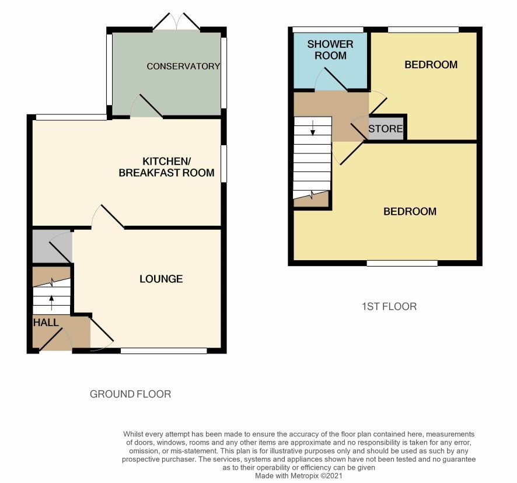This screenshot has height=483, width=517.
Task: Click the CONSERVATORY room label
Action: coord(183,66)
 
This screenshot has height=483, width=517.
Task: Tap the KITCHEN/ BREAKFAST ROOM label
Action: coord(166,167)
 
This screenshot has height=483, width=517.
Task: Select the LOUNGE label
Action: coord(161,279)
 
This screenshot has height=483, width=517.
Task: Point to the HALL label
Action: coord(46,323)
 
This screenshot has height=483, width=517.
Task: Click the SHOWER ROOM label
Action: coord(330,50)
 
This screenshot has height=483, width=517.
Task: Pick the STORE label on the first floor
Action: coord(386,128)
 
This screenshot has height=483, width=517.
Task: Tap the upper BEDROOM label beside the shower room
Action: coord(431,65)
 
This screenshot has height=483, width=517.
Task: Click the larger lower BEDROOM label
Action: coord(410,211)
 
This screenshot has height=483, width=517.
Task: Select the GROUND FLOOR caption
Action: coord(130,394)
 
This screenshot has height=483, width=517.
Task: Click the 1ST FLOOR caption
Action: coord(389,307)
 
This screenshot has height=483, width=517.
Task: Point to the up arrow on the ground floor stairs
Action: coord(51,303)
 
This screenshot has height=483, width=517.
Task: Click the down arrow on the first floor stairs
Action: coord(313,128)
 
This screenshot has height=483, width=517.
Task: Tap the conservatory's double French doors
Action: coord(177,22)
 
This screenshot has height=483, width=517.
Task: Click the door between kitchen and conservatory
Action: coord(146,106)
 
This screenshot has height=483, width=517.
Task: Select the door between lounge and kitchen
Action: coord(108,216)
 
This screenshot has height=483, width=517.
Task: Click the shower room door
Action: coord(331,79)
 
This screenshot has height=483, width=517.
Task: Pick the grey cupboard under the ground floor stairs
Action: coord(52,247)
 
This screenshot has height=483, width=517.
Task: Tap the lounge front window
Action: coord(164,351)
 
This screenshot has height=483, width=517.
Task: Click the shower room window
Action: coord(328,30)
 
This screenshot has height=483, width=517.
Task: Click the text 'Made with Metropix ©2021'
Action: coord(299,476)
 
